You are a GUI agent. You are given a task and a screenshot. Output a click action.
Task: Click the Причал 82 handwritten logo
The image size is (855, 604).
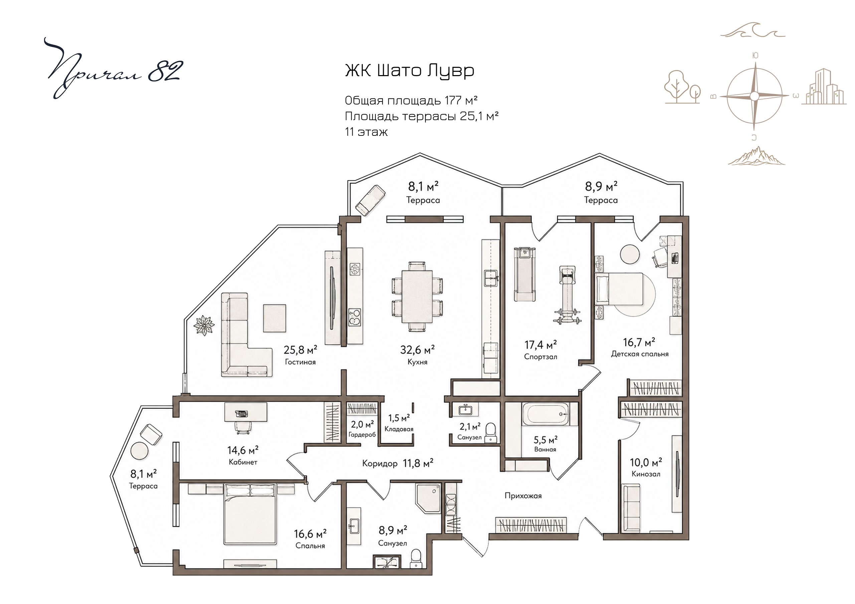pyautogui.click(x=112, y=69)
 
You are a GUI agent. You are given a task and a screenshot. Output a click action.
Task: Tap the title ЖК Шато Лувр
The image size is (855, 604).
pyautogui.click(x=409, y=71)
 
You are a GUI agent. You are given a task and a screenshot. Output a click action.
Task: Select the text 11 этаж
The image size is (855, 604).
pyautogui.click(x=366, y=132)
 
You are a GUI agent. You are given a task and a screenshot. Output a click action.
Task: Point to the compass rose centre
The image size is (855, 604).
pyautogui.click(x=754, y=96)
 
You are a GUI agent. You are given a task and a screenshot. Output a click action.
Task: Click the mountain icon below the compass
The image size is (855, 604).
pyautogui.click(x=757, y=156)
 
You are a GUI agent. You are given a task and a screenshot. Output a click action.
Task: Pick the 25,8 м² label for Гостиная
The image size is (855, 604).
pyautogui.click(x=300, y=350)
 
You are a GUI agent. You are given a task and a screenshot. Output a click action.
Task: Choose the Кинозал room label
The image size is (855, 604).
pyautogui.click(x=646, y=474)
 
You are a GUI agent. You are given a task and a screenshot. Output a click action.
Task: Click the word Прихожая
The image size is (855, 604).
pyautogui.click(x=523, y=496)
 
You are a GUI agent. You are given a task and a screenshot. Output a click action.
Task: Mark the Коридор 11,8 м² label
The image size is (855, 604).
pyautogui.click(x=398, y=463)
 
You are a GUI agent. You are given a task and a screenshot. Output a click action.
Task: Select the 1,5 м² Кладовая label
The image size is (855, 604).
pyautogui.click(x=399, y=422)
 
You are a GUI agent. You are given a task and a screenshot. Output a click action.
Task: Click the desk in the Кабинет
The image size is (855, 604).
pyautogui.click(x=246, y=412)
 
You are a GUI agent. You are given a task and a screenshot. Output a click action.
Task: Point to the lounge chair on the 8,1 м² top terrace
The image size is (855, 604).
pyautogui.click(x=370, y=201)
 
